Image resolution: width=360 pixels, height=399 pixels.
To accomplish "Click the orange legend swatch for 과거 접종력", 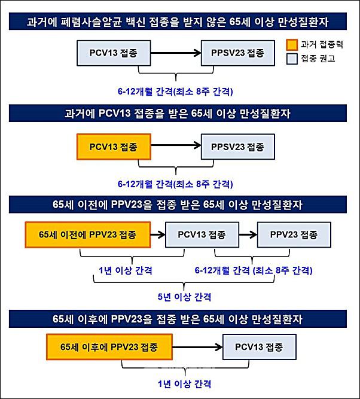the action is pos(292,45).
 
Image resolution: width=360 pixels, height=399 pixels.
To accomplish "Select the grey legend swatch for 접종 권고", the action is pos(292,59).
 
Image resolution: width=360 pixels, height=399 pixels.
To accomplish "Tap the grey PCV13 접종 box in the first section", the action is pos(114,53).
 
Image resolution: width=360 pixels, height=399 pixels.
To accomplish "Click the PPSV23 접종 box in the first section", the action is pos(238,53).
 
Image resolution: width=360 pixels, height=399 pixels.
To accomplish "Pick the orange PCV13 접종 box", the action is pos(114,147).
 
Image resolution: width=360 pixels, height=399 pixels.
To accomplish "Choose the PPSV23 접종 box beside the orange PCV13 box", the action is pos(238,147).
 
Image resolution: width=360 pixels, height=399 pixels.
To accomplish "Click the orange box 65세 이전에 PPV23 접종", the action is pos(88,234).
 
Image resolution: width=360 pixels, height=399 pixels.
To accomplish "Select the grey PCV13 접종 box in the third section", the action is pos(202,234).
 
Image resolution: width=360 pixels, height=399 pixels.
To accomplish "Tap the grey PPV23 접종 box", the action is pos(294,234).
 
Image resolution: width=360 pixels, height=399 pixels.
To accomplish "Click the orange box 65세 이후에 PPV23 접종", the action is pos(109,347).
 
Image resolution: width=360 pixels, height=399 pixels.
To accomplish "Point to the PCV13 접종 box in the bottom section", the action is pos(260,347).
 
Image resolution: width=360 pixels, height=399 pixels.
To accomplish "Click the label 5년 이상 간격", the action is pos(184,297).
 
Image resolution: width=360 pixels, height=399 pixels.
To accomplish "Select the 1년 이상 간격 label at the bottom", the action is pos(184,383).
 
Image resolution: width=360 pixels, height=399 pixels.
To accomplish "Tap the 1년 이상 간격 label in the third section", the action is pos(126,270).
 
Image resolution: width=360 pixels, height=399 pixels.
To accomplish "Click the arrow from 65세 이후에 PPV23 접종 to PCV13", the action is pos(198,347).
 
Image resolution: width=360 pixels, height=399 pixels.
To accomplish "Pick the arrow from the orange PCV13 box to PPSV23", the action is pos(176,145).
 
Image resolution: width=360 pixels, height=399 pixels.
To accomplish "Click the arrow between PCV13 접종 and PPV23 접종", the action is pos(248,234).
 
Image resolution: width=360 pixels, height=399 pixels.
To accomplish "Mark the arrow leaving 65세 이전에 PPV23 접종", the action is pos(158,234).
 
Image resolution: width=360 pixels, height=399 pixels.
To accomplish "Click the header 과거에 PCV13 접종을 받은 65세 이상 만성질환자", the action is pos(178,114).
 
